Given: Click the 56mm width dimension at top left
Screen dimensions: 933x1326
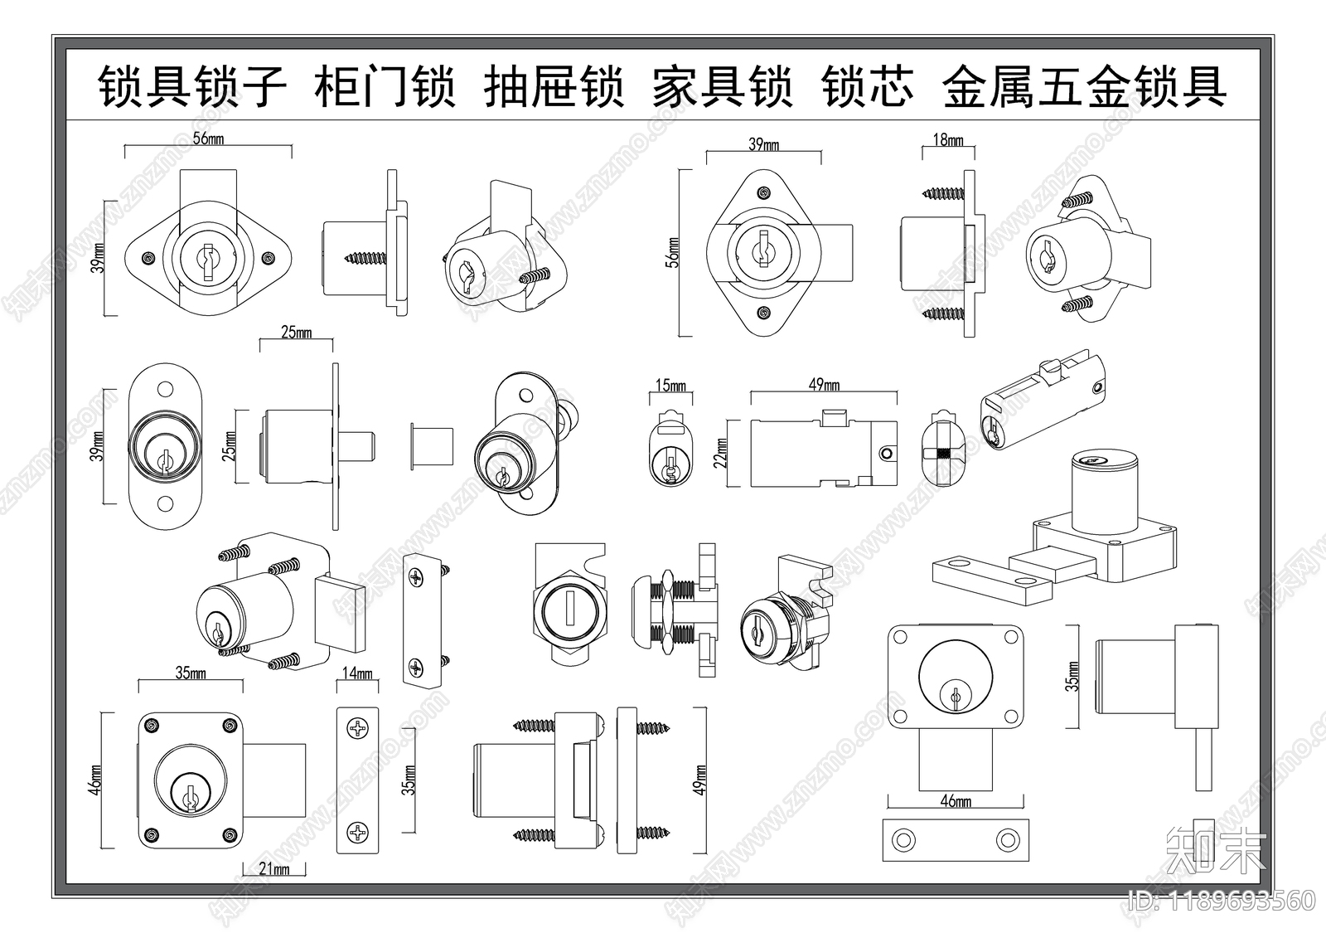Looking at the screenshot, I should click(x=208, y=138).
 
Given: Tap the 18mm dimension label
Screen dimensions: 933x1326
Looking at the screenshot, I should click(x=948, y=140).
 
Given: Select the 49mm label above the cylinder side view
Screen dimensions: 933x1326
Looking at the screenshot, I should click(x=824, y=384).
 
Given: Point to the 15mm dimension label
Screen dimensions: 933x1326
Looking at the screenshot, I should click(x=670, y=386).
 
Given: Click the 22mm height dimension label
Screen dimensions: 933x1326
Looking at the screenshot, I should click(x=720, y=453).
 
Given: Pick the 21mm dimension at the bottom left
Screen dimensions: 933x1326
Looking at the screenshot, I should click(x=274, y=869).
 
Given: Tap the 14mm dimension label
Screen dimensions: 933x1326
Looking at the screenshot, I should click(x=357, y=673).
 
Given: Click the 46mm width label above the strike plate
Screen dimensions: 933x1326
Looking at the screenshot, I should click(x=956, y=800).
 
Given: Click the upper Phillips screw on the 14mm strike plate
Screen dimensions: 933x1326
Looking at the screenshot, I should click(x=357, y=731).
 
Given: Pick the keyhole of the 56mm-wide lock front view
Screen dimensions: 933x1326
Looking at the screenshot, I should click(x=208, y=256).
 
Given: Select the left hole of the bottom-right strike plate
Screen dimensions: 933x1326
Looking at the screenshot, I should click(x=902, y=839).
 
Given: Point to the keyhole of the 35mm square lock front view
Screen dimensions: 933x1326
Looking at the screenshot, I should click(x=190, y=794).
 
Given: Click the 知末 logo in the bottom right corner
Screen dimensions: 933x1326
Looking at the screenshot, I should click(x=1215, y=852).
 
